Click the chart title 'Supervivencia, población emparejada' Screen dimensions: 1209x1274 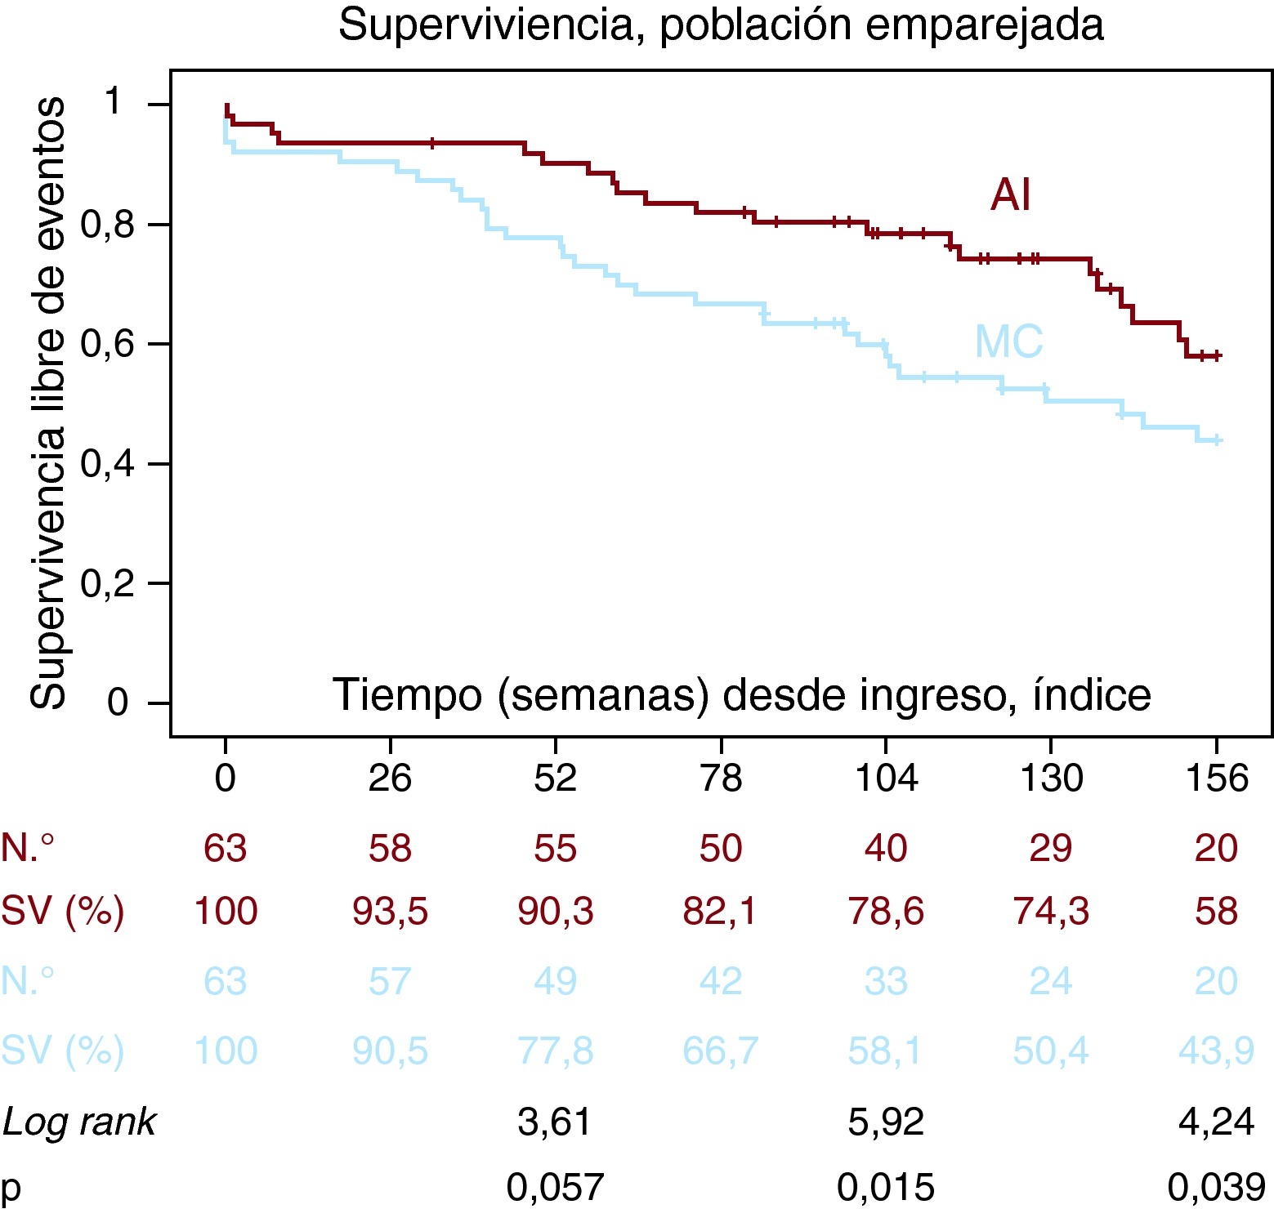click(721, 25)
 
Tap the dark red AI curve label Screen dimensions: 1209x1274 click(1010, 195)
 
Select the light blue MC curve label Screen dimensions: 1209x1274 click(1008, 341)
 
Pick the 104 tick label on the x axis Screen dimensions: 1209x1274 click(886, 778)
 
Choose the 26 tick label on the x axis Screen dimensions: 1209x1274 click(390, 778)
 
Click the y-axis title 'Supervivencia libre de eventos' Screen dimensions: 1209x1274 click(47, 403)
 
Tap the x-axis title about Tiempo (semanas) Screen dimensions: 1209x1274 click(741, 695)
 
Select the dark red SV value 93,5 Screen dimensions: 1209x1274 click(390, 911)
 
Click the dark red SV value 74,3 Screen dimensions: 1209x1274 click(1051, 911)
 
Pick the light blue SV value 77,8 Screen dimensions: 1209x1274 click(555, 1051)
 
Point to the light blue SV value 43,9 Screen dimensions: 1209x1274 click(1216, 1051)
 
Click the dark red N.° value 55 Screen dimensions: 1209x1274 click(555, 848)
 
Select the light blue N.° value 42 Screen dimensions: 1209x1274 click(720, 981)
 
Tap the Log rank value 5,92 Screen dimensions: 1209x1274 click(886, 1122)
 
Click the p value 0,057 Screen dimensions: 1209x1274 click(555, 1186)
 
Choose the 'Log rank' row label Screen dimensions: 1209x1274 click(78, 1122)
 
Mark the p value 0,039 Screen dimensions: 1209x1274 click(1216, 1186)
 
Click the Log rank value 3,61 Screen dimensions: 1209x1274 click(555, 1122)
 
